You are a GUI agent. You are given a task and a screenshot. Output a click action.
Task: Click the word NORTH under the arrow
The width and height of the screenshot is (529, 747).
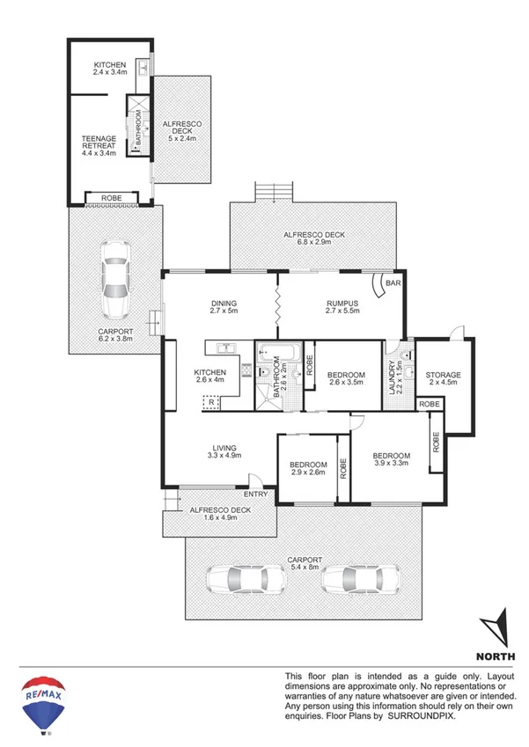click(496, 656)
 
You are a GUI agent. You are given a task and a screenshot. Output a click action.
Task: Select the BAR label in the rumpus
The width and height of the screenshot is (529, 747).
click(393, 284)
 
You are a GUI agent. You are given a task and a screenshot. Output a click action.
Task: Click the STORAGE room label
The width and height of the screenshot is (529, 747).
click(443, 376)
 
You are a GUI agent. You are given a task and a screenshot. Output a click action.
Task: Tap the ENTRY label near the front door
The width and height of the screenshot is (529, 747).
click(255, 494)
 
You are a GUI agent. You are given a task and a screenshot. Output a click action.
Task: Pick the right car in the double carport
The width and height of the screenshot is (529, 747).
click(350, 579)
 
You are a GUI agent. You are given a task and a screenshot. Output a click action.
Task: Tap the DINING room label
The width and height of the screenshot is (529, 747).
click(224, 304)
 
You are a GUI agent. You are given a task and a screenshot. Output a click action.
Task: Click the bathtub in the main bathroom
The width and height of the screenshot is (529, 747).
click(291, 355)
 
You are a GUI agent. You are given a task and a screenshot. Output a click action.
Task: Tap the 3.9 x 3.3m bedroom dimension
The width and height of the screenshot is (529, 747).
click(393, 463)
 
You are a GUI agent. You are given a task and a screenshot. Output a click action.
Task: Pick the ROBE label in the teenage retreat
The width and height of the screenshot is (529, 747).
click(111, 198)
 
